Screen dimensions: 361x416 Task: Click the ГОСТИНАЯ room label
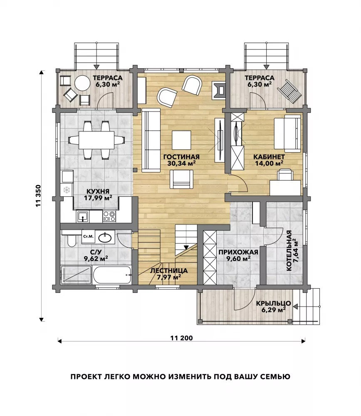click(x=181, y=157)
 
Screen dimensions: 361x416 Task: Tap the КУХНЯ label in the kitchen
click(x=98, y=191)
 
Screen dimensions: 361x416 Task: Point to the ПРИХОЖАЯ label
click(x=238, y=252)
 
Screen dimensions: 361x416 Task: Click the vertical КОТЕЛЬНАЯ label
click(x=289, y=251)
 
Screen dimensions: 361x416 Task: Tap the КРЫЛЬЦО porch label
click(x=274, y=303)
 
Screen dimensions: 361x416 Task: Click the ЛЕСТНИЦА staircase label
click(x=169, y=271)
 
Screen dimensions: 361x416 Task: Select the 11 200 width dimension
click(x=181, y=338)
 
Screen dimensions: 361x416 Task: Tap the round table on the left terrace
click(x=82, y=83)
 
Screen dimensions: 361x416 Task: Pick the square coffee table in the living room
click(x=181, y=140)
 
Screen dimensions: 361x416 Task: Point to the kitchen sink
click(x=83, y=216)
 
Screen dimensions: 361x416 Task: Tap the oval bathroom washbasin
click(x=105, y=238)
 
